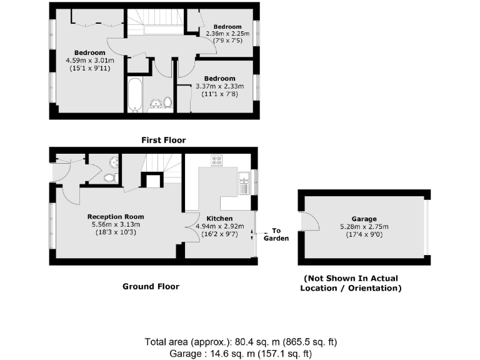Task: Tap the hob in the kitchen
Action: click(217, 160)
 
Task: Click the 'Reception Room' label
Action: click(114, 217)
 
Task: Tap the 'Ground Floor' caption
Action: click(151, 286)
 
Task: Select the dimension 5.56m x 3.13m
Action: click(114, 224)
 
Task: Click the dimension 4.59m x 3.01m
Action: click(91, 61)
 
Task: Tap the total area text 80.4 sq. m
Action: click(241, 342)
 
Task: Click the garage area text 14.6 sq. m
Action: click(241, 353)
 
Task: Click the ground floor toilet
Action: click(110, 178)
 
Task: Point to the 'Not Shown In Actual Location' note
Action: click(351, 283)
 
